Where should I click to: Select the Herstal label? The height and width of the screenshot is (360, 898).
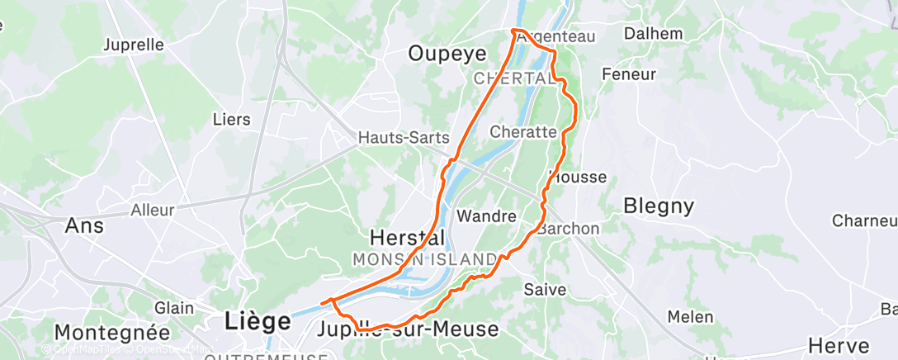click(407, 237)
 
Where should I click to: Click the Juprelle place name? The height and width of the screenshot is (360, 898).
click(135, 45)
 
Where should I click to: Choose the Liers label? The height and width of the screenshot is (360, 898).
click(231, 120)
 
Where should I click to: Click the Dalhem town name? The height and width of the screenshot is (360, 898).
click(654, 34)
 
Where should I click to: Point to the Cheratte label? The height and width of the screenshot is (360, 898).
click(523, 131)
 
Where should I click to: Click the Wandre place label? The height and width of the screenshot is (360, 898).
click(486, 216)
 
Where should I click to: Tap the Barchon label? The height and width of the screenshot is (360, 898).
click(569, 229)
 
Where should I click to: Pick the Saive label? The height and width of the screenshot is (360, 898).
click(545, 290)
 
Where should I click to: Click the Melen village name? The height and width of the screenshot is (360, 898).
click(684, 317)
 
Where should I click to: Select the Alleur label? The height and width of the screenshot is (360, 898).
click(153, 211)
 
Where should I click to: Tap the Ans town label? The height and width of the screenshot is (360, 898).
click(84, 225)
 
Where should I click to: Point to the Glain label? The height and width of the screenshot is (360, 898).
click(174, 307)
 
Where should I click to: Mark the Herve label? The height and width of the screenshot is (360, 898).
click(839, 345)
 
